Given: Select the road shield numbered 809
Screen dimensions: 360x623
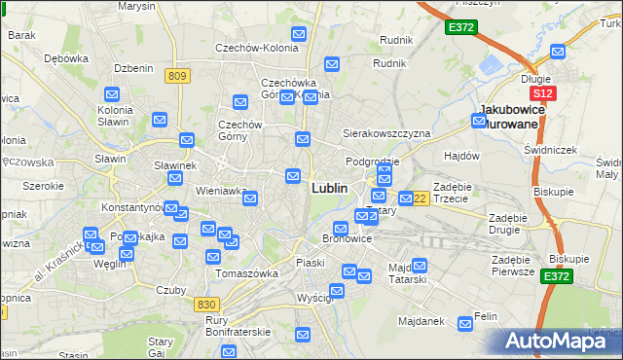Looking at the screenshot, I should click(177, 76).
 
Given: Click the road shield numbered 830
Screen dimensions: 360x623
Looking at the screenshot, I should click(205, 305).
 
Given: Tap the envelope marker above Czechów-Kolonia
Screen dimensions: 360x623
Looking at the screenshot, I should click(298, 35).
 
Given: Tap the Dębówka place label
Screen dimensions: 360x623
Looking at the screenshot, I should click(66, 58).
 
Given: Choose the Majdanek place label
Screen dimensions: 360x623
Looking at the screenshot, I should click(421, 320).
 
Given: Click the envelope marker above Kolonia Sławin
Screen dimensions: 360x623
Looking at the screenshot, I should click(111, 95).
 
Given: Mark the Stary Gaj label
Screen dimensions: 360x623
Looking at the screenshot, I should click(161, 346).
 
